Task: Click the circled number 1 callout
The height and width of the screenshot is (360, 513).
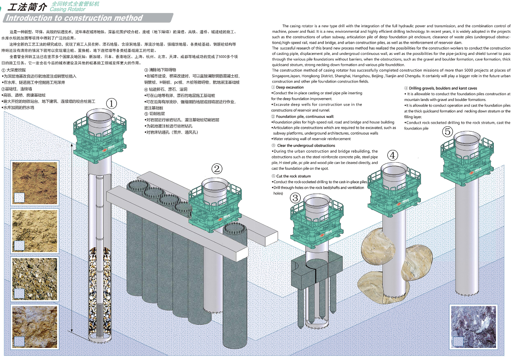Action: (111, 104)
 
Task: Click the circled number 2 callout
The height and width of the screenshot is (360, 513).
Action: (217, 169)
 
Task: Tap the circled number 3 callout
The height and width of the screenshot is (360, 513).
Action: (296, 197)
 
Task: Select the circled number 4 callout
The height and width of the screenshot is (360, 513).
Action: (392, 155)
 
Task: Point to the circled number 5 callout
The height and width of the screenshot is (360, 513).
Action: (448, 132)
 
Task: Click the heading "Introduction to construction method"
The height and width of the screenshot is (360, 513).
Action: (75, 18)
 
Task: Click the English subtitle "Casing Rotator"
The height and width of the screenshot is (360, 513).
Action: (67, 9)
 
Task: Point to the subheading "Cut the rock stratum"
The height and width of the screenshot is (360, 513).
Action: (294, 176)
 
